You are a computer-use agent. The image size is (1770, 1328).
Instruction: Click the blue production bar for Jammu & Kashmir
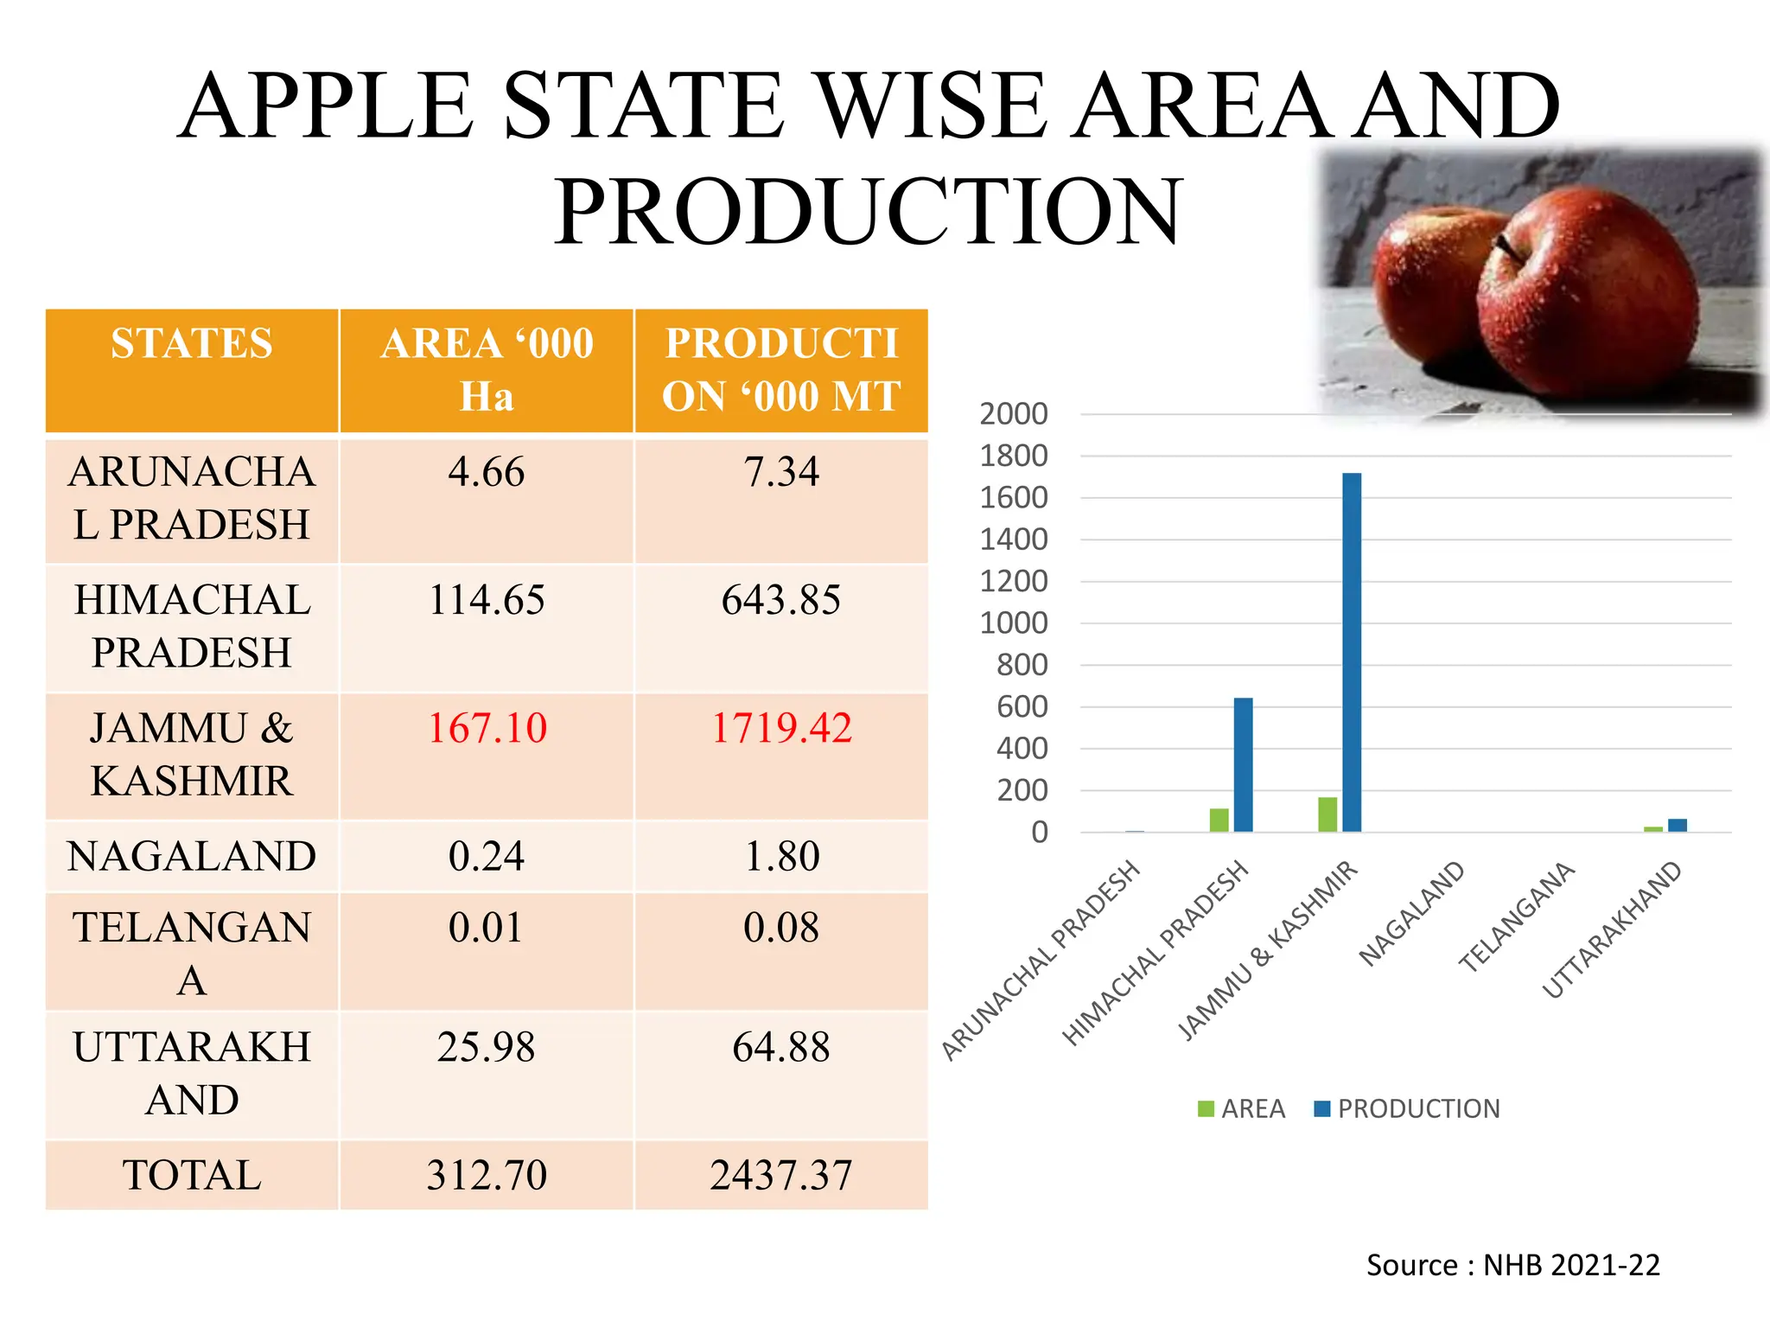point(1352,653)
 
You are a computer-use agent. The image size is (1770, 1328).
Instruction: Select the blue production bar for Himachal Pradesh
point(1243,764)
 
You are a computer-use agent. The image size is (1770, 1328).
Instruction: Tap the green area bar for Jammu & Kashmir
point(1327,814)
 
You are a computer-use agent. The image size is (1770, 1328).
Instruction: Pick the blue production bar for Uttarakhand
point(1678,825)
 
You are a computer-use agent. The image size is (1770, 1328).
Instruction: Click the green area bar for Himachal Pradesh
point(1219,820)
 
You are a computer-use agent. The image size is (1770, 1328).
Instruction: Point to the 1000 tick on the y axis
point(1014,623)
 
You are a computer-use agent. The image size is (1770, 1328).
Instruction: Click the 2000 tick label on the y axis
point(1014,414)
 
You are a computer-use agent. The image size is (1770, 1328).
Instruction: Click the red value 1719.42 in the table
point(781,728)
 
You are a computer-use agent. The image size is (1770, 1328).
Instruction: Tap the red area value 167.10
point(487,728)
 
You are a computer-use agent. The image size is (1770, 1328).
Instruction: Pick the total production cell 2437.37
point(781,1175)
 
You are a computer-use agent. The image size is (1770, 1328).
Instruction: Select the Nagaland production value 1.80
point(781,856)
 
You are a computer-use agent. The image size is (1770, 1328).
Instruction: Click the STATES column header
point(192,343)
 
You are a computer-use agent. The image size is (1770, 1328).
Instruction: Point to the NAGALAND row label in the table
point(192,856)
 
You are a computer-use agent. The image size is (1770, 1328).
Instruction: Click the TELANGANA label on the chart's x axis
point(1517,917)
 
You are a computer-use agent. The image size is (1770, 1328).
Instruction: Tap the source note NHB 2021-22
point(1512,1265)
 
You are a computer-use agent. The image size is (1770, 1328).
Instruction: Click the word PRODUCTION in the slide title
point(868,211)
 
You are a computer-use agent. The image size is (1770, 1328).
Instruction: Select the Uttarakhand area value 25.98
point(487,1047)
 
